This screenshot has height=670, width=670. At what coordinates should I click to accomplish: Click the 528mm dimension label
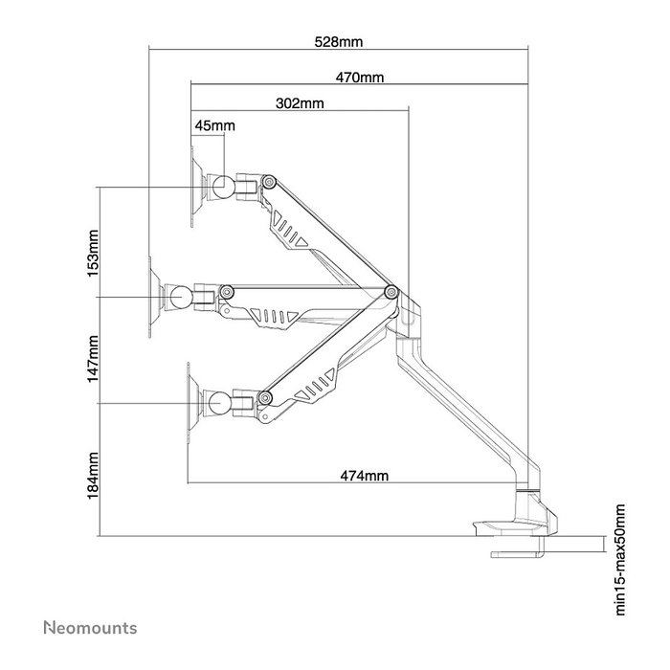coord(339,42)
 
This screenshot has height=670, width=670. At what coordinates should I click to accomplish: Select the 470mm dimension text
coord(359,78)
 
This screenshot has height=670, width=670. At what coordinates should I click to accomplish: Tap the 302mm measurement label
coord(300,103)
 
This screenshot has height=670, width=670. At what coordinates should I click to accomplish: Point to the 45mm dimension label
coord(215,125)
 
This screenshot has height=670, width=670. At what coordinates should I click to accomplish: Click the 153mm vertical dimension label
coord(93,254)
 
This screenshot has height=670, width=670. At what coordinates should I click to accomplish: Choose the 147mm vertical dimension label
coord(93,359)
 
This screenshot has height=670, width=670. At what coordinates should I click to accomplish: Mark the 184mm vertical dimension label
coord(93,476)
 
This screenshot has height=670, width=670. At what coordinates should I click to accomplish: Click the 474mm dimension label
coord(365,476)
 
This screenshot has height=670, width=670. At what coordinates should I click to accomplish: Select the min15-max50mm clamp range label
coord(620,560)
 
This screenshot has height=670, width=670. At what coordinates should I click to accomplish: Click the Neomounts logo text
coord(90,628)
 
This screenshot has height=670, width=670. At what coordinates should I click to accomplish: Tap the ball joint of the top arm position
coord(224,187)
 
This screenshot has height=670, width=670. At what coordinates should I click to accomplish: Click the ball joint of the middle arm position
coord(181,297)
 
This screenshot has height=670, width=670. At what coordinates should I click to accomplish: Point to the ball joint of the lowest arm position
coord(219,403)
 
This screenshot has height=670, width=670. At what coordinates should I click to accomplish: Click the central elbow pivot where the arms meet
coord(391,292)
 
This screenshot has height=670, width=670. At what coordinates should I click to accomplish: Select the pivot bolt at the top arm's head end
coord(269,182)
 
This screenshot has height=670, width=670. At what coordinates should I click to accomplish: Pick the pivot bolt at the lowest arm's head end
coord(265,398)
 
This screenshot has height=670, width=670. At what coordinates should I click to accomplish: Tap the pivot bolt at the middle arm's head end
coord(227,292)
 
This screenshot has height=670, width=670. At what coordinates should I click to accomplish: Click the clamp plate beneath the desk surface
coord(517,554)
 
